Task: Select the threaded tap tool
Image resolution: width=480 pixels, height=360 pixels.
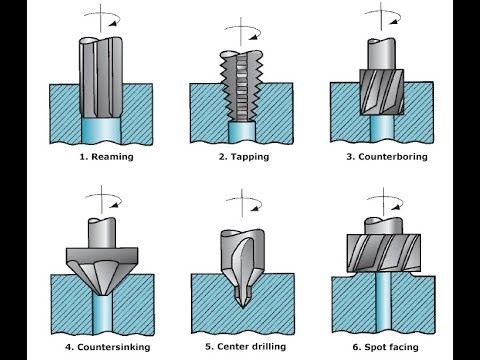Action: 239,85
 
